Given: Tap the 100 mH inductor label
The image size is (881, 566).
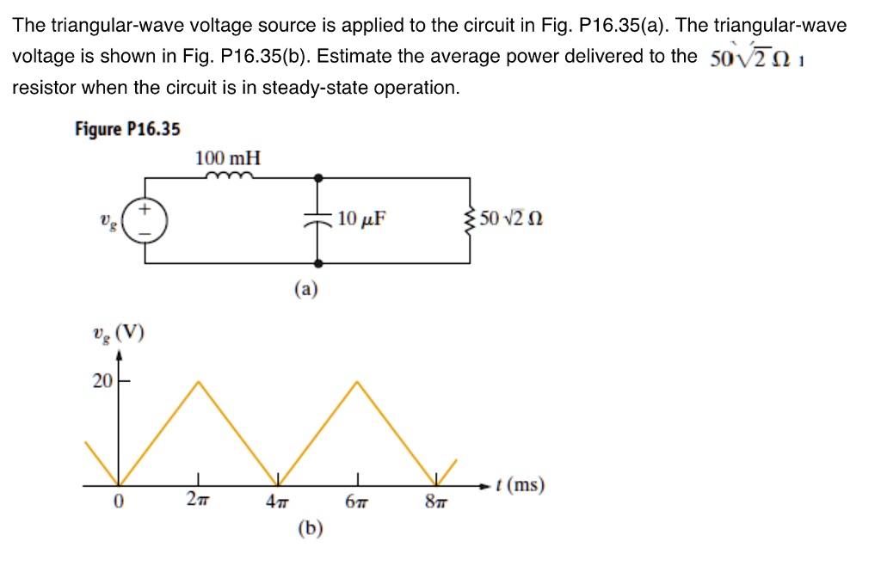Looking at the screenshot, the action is click(x=227, y=157).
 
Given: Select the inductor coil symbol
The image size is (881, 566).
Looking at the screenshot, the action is click(x=229, y=175).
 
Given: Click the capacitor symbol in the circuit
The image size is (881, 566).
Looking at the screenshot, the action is click(x=318, y=220).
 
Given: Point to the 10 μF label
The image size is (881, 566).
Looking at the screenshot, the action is click(x=361, y=218).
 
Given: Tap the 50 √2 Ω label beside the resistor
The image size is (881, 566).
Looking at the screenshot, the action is click(x=511, y=218).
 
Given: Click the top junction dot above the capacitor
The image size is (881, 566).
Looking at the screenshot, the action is click(x=318, y=178).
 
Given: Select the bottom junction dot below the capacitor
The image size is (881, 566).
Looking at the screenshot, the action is click(x=318, y=263).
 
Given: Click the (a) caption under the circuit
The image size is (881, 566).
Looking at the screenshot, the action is click(x=306, y=289).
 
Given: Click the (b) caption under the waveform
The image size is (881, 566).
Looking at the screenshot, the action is click(x=310, y=528).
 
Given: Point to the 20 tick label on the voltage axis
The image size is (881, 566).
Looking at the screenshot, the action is click(x=102, y=381).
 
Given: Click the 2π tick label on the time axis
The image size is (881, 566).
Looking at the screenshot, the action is click(x=198, y=499).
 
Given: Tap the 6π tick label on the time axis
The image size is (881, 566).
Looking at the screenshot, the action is click(x=357, y=501).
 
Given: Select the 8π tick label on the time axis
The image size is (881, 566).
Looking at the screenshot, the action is click(x=436, y=501).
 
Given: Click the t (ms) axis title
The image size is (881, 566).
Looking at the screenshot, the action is click(x=520, y=484).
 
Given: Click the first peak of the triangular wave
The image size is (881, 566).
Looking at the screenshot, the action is click(x=199, y=382).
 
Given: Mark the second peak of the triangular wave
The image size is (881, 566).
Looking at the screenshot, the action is click(x=357, y=382).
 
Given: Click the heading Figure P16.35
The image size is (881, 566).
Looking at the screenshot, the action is click(x=127, y=129).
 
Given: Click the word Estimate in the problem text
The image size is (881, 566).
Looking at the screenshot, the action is click(x=352, y=56).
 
